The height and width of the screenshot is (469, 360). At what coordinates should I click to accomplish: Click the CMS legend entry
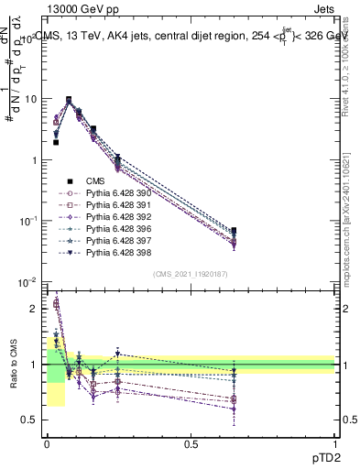pyautogui.click(x=96, y=181)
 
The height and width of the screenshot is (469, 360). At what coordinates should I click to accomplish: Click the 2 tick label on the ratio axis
pyautogui.click(x=37, y=309)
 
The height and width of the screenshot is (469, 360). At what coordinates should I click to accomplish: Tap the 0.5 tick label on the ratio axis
pyautogui.click(x=32, y=420)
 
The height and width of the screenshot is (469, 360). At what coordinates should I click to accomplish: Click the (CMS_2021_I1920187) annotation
pyautogui.click(x=190, y=274)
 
